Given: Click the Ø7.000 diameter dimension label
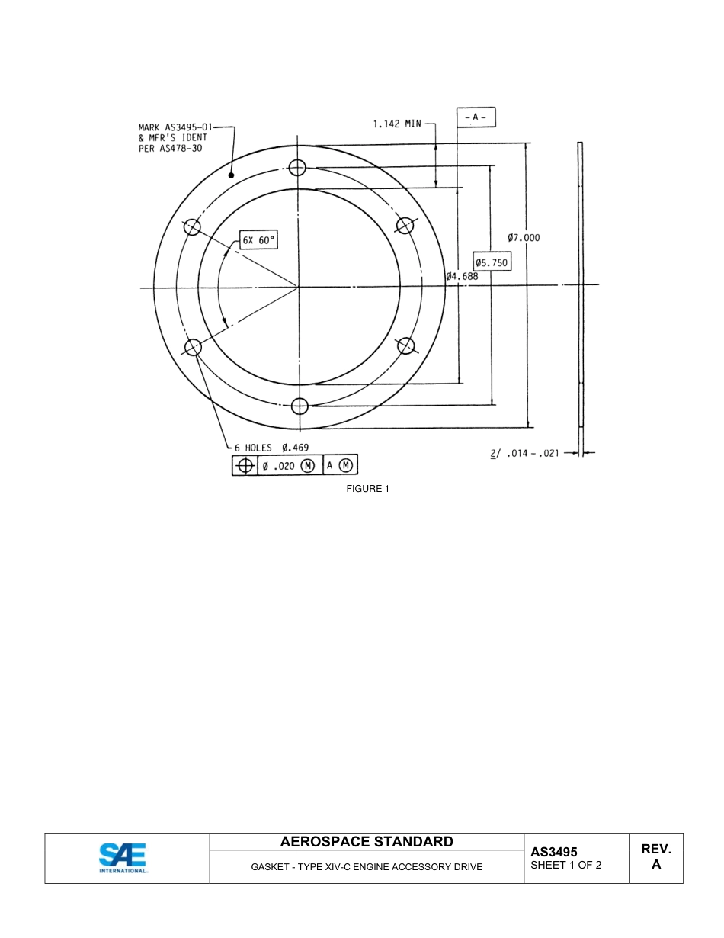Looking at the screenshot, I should point(524,238).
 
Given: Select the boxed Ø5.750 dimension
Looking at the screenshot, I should point(491,262).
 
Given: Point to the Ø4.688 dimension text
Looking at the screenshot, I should point(463,276).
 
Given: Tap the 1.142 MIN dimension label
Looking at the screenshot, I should point(397,124).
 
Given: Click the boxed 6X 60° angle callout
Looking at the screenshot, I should point(258,240).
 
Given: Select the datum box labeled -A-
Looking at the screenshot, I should point(476,117).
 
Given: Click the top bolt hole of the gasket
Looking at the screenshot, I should point(298,167).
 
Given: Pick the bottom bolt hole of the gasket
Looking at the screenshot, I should point(300,405).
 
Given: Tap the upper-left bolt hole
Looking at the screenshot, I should point(193,226).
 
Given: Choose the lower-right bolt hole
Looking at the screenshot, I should point(406,345).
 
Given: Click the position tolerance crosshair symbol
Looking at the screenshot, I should point(245,465).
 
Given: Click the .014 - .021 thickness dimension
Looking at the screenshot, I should point(532,453).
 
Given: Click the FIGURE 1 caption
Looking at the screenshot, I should point(367,489).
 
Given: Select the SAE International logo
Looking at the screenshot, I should point(123,858).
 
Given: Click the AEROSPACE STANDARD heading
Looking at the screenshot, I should point(367,842).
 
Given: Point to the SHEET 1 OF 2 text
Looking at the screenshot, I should point(566,865).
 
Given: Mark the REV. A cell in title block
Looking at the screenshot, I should point(656,857).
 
